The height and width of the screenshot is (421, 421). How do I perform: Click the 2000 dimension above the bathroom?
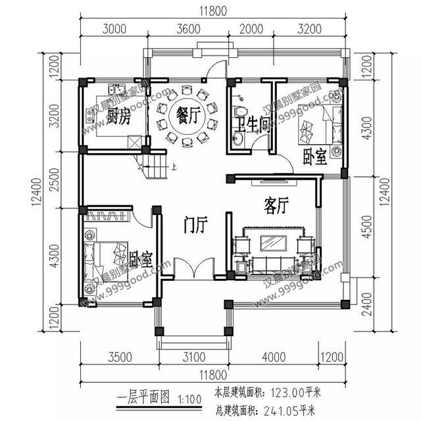[249, 28]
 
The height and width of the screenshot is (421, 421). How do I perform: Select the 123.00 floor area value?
[287, 393]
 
